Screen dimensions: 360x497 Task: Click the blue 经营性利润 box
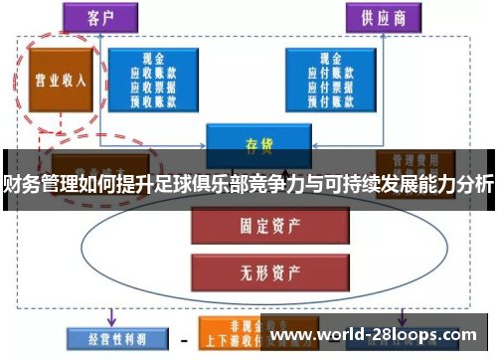108,336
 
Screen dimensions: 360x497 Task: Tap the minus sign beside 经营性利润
182,337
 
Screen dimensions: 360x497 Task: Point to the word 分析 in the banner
472,184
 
